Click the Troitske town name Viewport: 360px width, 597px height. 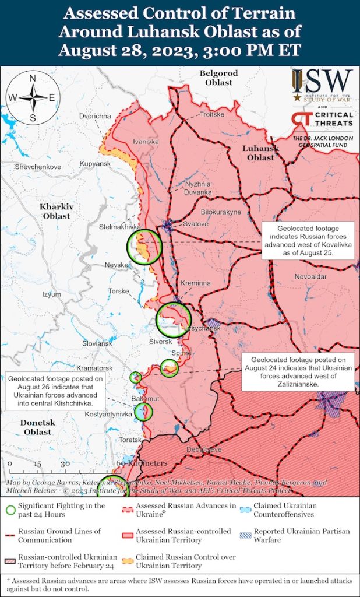coord(212,114)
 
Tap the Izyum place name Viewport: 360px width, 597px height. coord(51,294)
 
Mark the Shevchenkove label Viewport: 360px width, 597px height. coord(38,167)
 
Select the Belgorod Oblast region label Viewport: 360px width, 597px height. coord(218,78)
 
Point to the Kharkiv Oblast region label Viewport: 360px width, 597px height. coord(55,211)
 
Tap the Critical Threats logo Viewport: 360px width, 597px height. coord(322,120)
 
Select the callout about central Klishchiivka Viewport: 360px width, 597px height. coord(55,390)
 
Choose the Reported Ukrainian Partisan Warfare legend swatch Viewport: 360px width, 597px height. coord(245,532)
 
